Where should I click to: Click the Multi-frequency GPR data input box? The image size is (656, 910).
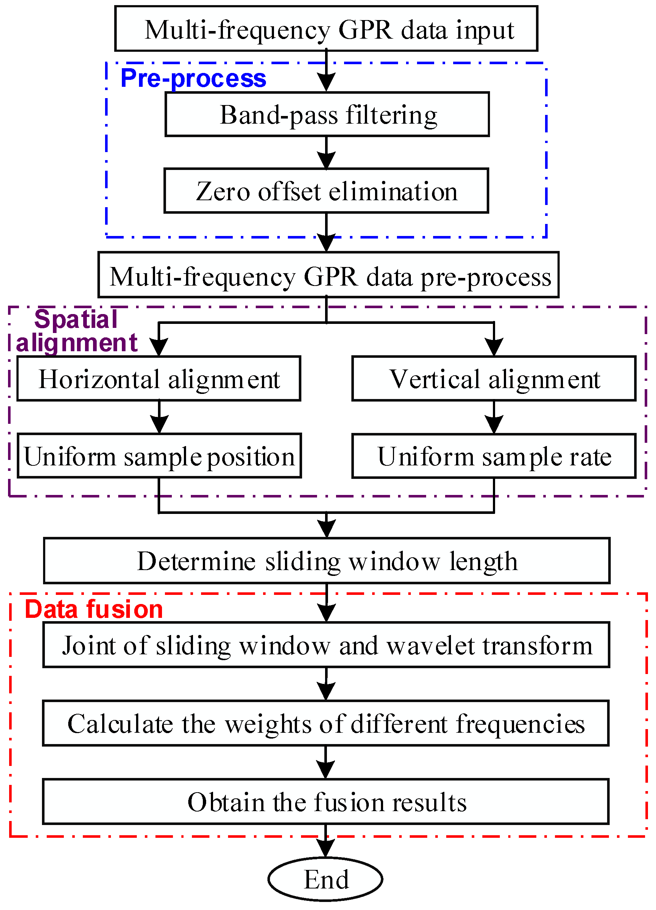coord(326,29)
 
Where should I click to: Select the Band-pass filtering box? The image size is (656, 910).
coord(327,115)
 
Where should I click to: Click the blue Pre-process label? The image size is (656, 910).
coord(193,78)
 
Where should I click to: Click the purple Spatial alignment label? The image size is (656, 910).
coord(76,332)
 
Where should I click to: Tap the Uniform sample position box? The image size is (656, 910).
coord(159,457)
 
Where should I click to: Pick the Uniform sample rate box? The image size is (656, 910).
coord(494,457)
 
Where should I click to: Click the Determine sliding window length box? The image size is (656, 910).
coord(327,561)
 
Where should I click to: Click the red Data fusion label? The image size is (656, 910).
coord(94,609)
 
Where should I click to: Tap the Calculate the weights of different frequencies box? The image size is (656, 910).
coord(325,723)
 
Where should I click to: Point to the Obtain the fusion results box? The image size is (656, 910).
coord(325,802)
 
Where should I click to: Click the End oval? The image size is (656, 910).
coord(325,879)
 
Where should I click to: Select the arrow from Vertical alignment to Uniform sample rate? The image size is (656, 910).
coord(494,417)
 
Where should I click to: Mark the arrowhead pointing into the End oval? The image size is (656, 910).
coord(325,849)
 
